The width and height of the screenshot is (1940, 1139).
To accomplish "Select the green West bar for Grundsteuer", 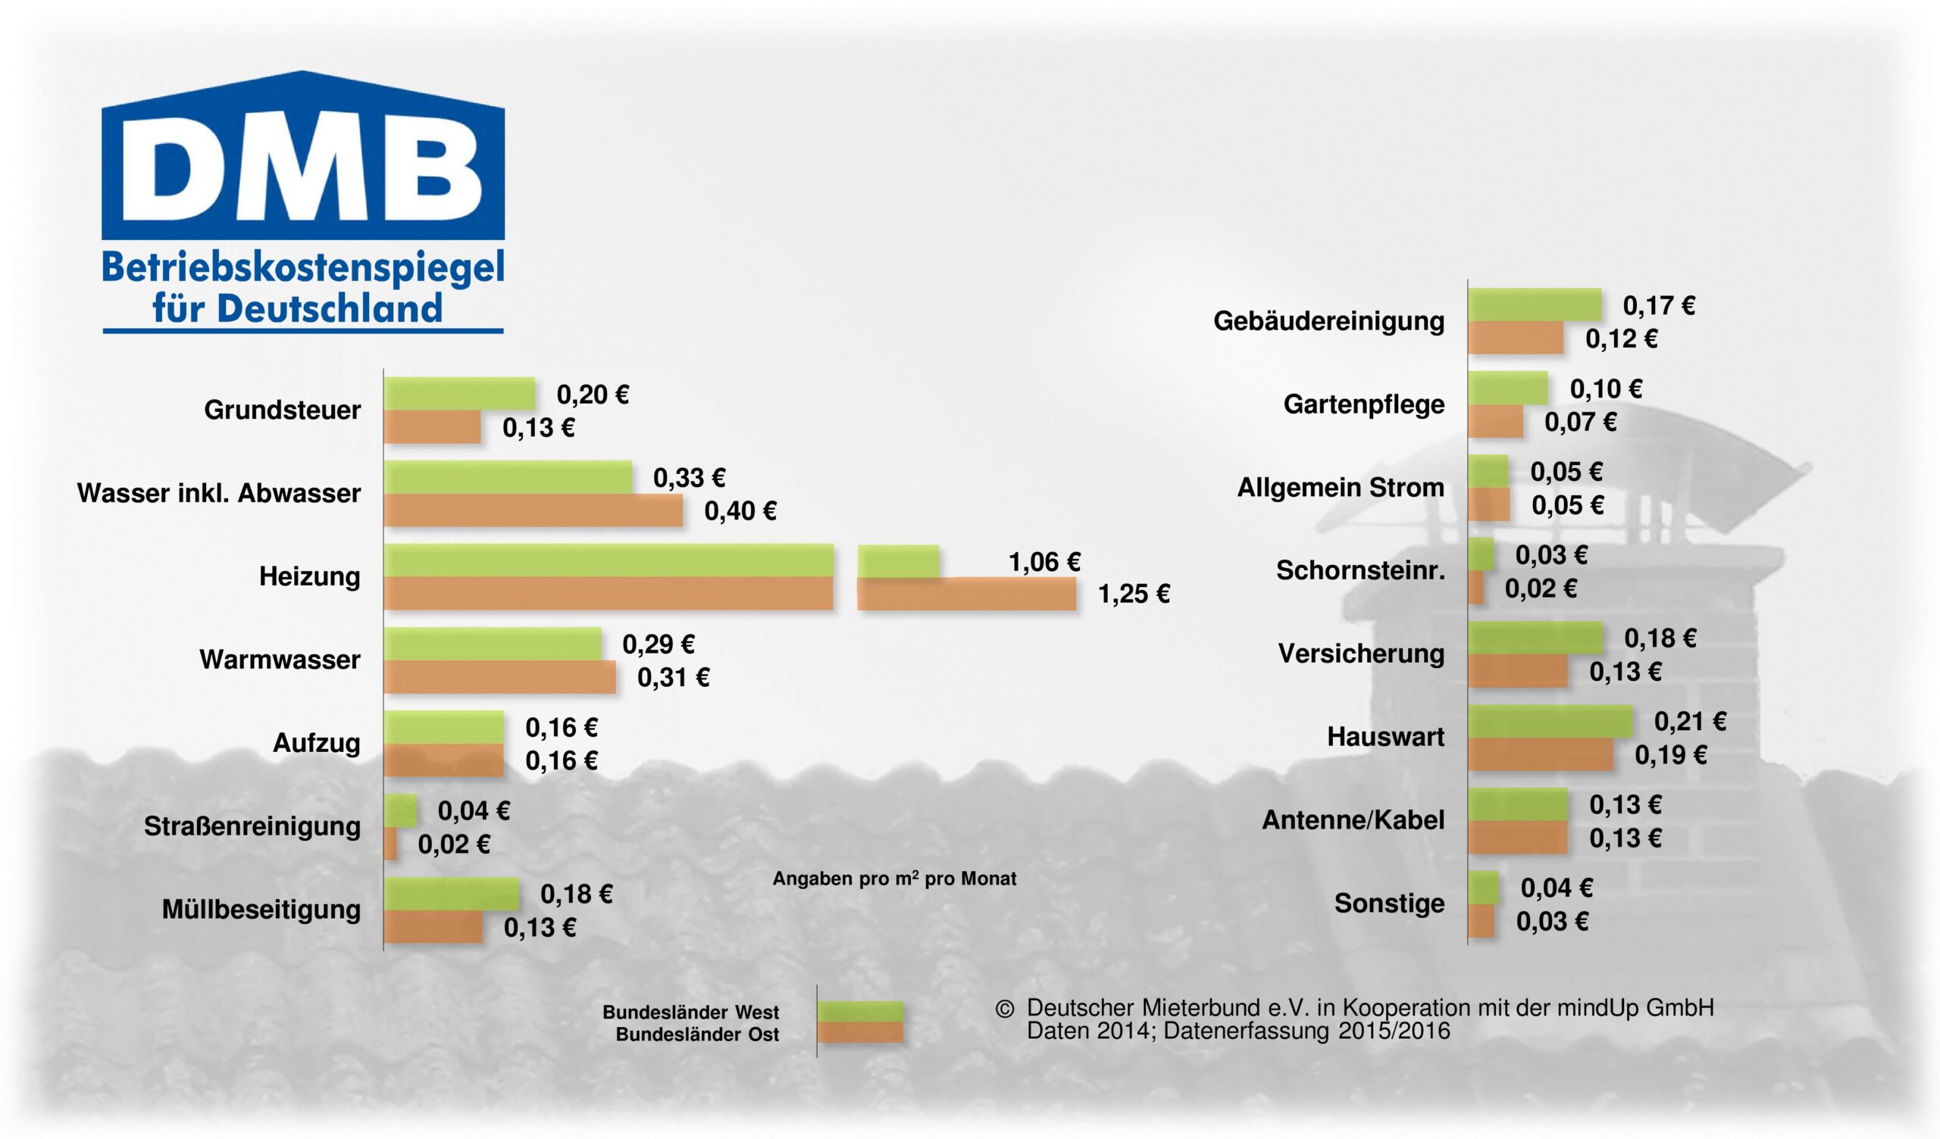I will pos(459,394).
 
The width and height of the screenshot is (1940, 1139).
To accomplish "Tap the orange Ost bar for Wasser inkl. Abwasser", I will pos(533,511).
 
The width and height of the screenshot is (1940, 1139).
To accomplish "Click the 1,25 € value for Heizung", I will pos(1133,594).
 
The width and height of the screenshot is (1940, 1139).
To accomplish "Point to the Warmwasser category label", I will pos(280,660).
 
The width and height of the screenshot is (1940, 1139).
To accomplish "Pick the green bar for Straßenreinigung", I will pos(400,810).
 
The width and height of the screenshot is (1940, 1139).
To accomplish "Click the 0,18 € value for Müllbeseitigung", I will pos(576,894).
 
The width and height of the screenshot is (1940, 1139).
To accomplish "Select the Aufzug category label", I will pos(317,744).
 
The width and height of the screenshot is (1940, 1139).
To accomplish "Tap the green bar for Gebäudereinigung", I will pos(1535,304).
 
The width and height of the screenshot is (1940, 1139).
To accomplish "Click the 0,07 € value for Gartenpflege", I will pos(1581,422).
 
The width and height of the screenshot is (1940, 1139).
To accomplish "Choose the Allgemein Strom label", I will pos(1341,487).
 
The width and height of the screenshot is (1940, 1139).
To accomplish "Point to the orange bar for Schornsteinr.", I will pos(1475,588).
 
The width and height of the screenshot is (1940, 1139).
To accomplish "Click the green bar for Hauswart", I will pos(1550,722).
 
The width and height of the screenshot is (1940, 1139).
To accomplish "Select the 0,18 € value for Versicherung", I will pos(1660,638).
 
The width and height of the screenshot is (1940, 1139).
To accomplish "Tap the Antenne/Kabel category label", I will pos(1353,819).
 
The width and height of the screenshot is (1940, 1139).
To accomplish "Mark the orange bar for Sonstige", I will pos(1482,921).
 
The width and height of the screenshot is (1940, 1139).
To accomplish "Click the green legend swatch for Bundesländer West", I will pos(860,1011).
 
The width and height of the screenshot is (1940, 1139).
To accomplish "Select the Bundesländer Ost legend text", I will pos(696,1034).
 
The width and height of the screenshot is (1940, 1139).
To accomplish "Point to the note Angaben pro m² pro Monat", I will pos(893,879).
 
